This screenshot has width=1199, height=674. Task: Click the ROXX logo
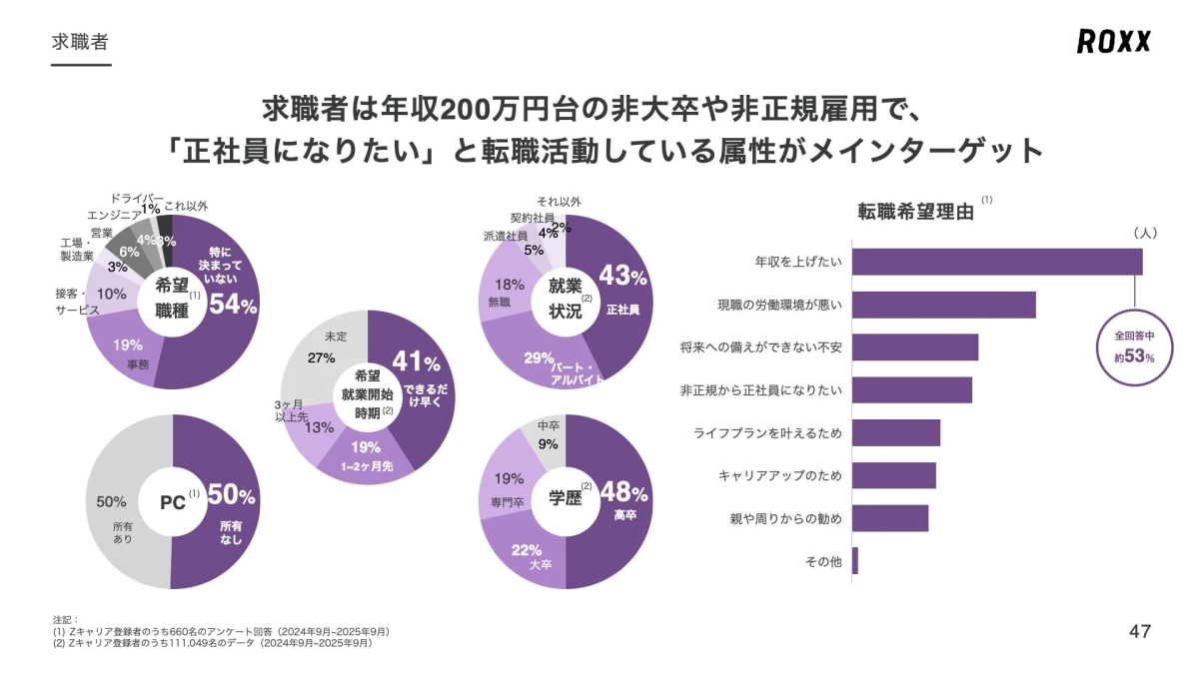click(x=1113, y=41)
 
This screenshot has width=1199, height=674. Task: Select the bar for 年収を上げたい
click(x=997, y=262)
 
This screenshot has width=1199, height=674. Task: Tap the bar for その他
click(x=855, y=561)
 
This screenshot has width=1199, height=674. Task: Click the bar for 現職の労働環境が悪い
click(x=944, y=305)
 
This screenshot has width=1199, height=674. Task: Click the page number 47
click(x=1139, y=631)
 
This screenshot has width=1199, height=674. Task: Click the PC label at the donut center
click(x=173, y=502)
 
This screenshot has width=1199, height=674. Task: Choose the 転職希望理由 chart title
click(x=915, y=212)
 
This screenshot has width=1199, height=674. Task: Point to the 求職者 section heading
click(x=80, y=42)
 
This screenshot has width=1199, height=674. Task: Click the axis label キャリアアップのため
click(x=779, y=475)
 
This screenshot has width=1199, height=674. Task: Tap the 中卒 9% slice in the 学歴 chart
click(x=548, y=437)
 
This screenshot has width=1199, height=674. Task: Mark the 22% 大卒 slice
click(x=527, y=556)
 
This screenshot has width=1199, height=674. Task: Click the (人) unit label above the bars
click(x=1144, y=232)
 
